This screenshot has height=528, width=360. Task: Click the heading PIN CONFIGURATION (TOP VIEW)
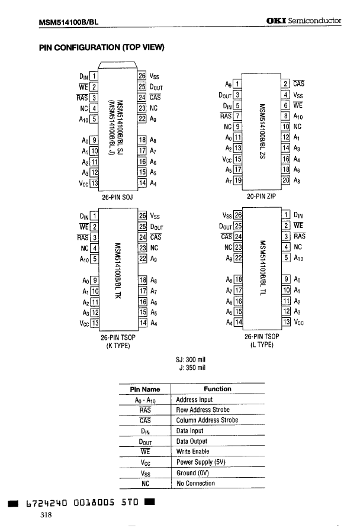[102, 47]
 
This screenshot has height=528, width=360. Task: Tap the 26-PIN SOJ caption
[117, 197]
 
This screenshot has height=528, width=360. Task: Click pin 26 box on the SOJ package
[142, 76]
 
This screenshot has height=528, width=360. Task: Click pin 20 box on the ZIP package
[285, 180]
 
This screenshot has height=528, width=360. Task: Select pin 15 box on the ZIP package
[237, 159]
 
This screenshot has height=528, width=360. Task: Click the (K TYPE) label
[117, 346]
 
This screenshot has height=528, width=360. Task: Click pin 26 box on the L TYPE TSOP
[238, 215]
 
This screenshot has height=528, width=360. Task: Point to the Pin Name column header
[145, 389]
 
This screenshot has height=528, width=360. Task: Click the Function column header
[218, 389]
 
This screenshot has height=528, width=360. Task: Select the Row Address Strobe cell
[204, 410]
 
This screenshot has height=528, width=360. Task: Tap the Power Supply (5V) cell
[201, 462]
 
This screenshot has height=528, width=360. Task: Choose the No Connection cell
[195, 483]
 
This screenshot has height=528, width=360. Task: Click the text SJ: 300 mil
[191, 359]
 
